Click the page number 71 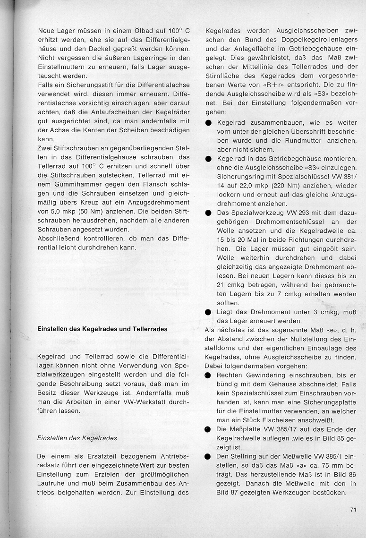click(353, 509)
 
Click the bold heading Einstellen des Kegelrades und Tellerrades click(102, 328)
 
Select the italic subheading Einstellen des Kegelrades click(77, 438)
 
